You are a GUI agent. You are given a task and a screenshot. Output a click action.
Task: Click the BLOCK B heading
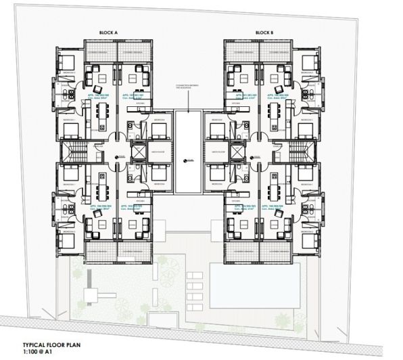point(265,32)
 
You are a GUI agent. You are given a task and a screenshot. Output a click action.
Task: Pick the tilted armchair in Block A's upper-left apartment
point(98,89)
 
